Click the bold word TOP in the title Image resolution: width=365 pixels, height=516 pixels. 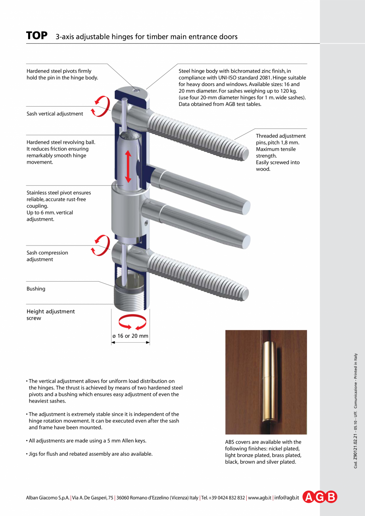[36, 36]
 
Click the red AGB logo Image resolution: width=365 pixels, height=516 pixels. [320, 497]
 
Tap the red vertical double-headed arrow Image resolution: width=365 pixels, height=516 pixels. [128, 166]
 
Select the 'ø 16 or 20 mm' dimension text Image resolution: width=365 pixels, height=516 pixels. [130, 336]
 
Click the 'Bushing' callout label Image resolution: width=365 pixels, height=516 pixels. [36, 289]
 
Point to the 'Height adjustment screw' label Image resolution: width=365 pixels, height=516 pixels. [50, 315]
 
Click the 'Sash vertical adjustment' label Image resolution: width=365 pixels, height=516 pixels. [55, 114]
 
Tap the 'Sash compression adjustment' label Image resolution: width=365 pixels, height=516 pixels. [47, 256]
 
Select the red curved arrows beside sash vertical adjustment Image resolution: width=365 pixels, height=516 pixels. [99, 106]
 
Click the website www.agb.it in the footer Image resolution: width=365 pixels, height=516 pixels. [259, 497]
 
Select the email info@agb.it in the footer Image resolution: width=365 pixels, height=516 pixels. [286, 497]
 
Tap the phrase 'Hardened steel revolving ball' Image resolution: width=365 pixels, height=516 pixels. [61, 142]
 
